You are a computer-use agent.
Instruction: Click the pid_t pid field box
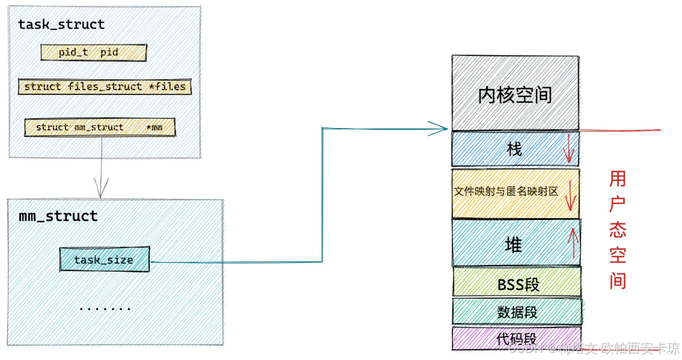[x=94, y=52]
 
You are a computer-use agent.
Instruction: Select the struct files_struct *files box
[x=105, y=87]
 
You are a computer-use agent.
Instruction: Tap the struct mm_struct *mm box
[x=100, y=127]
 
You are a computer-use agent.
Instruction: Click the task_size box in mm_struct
[x=104, y=260]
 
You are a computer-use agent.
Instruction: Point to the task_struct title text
[x=61, y=25]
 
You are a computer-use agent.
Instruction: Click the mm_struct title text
[x=58, y=216]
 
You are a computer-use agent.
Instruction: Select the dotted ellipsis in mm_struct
[x=105, y=308]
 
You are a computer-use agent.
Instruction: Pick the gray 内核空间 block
[x=515, y=94]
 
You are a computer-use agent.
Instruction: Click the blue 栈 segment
[x=514, y=148]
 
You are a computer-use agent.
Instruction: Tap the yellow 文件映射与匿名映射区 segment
[x=507, y=192]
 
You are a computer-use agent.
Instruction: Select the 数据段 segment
[x=517, y=312]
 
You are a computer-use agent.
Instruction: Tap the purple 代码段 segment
[x=516, y=338]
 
